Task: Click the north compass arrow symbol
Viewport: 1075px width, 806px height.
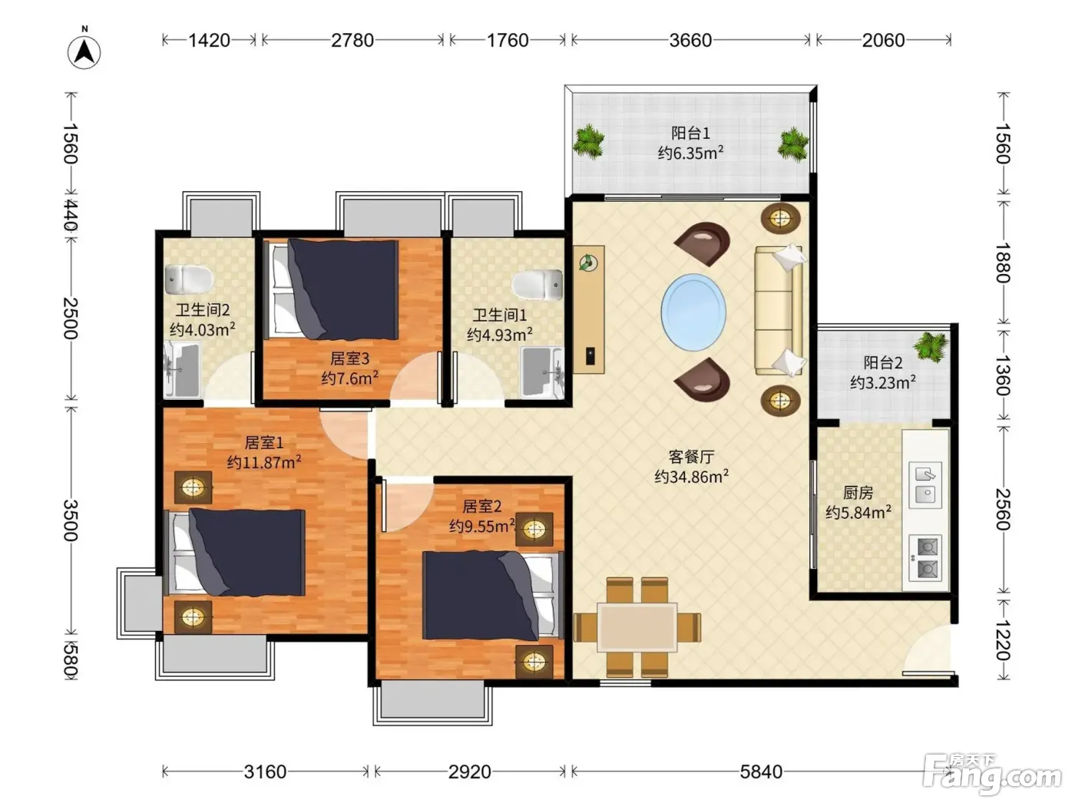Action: [84, 52]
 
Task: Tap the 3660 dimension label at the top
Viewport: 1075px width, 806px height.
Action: [690, 40]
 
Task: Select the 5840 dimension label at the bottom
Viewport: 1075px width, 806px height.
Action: [761, 771]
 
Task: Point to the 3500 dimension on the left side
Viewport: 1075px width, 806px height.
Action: [71, 520]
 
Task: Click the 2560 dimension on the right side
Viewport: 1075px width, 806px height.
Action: [1003, 510]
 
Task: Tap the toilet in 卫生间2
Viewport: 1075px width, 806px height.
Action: [189, 279]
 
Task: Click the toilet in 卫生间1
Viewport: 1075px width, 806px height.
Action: [537, 284]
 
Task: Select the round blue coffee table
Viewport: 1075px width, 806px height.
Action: [693, 312]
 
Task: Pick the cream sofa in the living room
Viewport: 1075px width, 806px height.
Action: [779, 310]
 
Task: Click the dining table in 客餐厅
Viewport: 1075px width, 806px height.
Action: [637, 627]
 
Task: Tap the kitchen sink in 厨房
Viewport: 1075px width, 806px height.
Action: [925, 485]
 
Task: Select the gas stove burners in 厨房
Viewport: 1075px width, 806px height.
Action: [925, 557]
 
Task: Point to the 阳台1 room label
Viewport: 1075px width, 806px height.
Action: [690, 133]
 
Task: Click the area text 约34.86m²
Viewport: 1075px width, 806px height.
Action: [691, 476]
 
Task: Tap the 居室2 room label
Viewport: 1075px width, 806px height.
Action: [482, 506]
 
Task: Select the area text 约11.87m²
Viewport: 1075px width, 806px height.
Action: [263, 462]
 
